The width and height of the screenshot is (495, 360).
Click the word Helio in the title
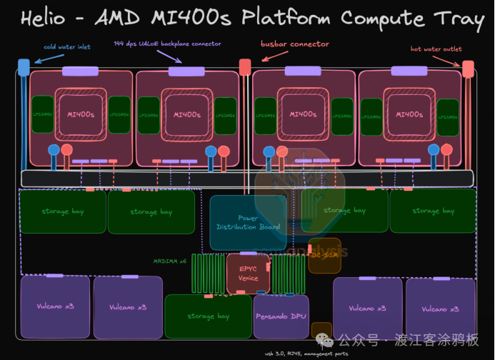click(44, 19)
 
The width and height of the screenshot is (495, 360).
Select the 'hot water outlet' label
click(435, 49)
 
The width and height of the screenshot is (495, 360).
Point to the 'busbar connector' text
click(295, 44)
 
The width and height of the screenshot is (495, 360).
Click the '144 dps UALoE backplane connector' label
click(168, 44)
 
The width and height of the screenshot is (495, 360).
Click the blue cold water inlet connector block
click(24, 68)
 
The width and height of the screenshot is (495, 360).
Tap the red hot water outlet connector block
click(468, 69)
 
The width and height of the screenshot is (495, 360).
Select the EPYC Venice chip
click(248, 274)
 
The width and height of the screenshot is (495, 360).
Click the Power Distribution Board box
click(248, 222)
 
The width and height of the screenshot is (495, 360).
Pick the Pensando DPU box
click(281, 316)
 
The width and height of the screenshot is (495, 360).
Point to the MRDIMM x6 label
click(169, 261)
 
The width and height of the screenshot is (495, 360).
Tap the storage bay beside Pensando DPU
click(207, 316)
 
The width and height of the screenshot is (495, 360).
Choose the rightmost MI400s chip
click(409, 114)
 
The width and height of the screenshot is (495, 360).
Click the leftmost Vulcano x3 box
click(56, 307)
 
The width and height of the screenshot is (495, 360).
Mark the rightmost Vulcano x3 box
click(440, 309)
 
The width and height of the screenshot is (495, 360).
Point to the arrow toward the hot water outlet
click(446, 60)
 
